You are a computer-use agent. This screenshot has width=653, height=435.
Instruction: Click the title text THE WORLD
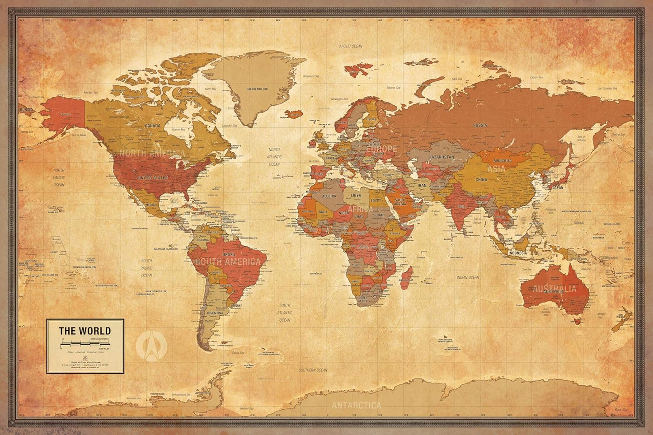click(x=85, y=331)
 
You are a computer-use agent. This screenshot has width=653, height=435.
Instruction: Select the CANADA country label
click(x=152, y=126)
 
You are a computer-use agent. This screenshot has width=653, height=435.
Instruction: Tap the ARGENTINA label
click(x=214, y=313)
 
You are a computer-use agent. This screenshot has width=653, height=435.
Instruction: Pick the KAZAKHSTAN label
click(x=441, y=156)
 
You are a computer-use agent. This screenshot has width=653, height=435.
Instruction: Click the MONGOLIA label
click(x=503, y=161)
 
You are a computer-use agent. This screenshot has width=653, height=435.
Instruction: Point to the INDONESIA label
click(x=517, y=253)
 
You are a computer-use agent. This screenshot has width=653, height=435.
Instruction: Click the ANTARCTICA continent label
click(x=357, y=405)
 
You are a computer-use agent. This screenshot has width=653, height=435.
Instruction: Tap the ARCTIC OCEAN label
click(x=351, y=46)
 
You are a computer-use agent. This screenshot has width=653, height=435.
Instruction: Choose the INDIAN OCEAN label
click(x=467, y=277)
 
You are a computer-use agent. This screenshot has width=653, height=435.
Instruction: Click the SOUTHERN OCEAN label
click(x=313, y=370)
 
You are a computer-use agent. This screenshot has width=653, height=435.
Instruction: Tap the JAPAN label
click(x=558, y=187)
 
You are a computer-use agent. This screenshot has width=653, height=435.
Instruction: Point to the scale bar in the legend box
click(x=85, y=345)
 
